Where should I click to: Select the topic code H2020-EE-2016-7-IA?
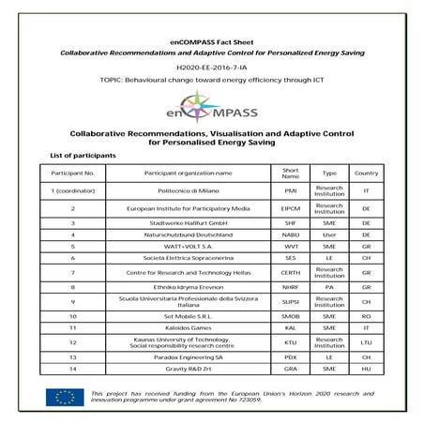pos(212,68)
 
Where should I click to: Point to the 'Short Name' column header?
pos(290,173)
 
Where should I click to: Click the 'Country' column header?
pos(366,173)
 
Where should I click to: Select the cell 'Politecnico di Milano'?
pos(188,191)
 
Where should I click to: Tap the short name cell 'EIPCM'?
pos(290,208)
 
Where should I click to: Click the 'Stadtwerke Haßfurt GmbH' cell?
pos(188,223)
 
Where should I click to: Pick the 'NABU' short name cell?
pos(290,234)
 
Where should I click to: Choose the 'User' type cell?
pos(329,234)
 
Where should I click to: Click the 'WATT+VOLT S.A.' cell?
pos(188,245)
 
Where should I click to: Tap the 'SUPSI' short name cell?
pos(290,302)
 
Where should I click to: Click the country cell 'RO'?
pos(366,318)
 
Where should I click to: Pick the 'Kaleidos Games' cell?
pos(188,329)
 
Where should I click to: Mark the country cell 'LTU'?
pos(366,343)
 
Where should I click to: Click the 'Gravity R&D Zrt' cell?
pos(188,370)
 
